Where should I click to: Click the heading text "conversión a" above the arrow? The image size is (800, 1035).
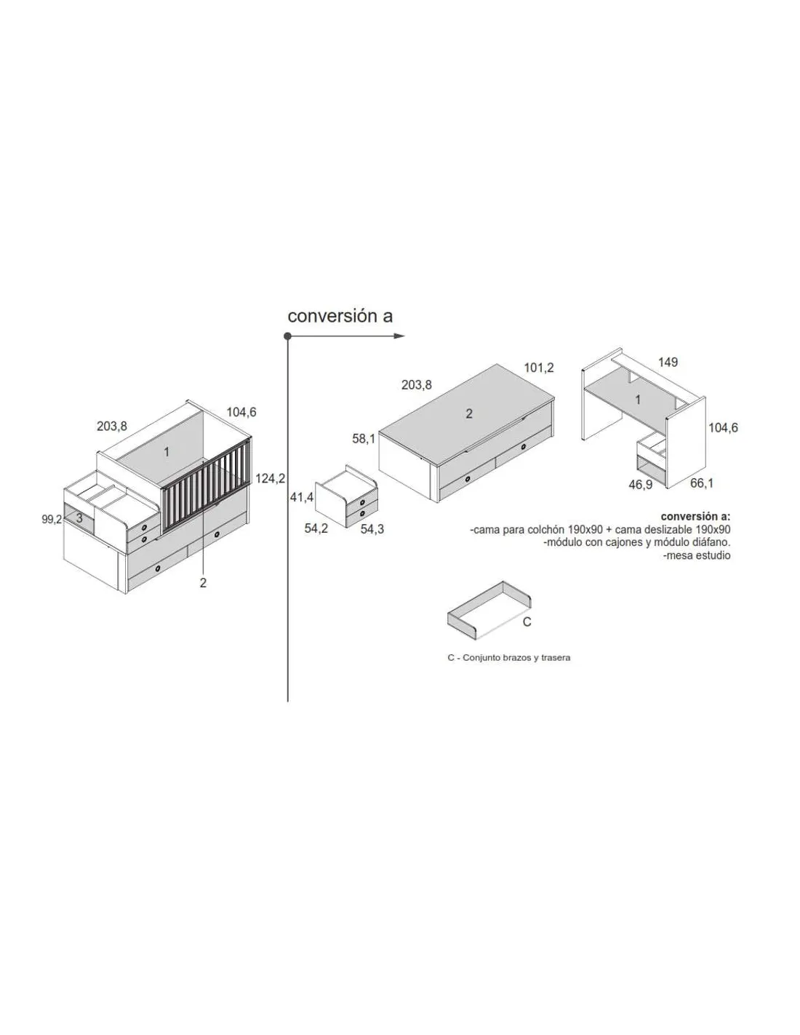pyautogui.click(x=340, y=317)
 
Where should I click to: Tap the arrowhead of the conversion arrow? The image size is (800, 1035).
pyautogui.click(x=399, y=336)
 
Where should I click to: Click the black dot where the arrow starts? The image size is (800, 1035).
pyautogui.click(x=287, y=336)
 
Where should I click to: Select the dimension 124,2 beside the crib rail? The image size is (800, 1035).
pyautogui.click(x=270, y=478)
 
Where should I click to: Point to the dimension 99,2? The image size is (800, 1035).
pyautogui.click(x=52, y=519)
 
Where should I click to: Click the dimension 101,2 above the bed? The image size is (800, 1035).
pyautogui.click(x=539, y=368)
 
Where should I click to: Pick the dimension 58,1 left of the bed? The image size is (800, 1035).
pyautogui.click(x=364, y=439)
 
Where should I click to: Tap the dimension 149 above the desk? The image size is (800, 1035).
pyautogui.click(x=668, y=362)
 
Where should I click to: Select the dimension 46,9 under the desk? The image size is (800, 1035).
pyautogui.click(x=640, y=485)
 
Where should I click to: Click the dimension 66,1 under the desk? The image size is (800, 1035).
pyautogui.click(x=702, y=483)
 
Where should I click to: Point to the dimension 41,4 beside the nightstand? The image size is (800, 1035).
pyautogui.click(x=302, y=497)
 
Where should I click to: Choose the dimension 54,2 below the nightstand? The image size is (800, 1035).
pyautogui.click(x=316, y=528)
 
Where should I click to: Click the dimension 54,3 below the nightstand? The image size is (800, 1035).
pyautogui.click(x=372, y=528)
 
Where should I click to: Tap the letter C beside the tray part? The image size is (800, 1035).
pyautogui.click(x=527, y=622)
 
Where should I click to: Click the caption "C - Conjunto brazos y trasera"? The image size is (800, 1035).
pyautogui.click(x=509, y=658)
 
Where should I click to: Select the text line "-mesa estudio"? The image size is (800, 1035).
pyautogui.click(x=697, y=555)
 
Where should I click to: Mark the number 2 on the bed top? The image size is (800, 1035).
pyautogui.click(x=469, y=413)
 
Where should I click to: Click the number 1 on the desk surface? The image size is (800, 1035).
pyautogui.click(x=639, y=399)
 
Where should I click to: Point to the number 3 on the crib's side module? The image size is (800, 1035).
pyautogui.click(x=79, y=518)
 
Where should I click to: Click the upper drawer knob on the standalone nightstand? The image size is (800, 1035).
pyautogui.click(x=363, y=502)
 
